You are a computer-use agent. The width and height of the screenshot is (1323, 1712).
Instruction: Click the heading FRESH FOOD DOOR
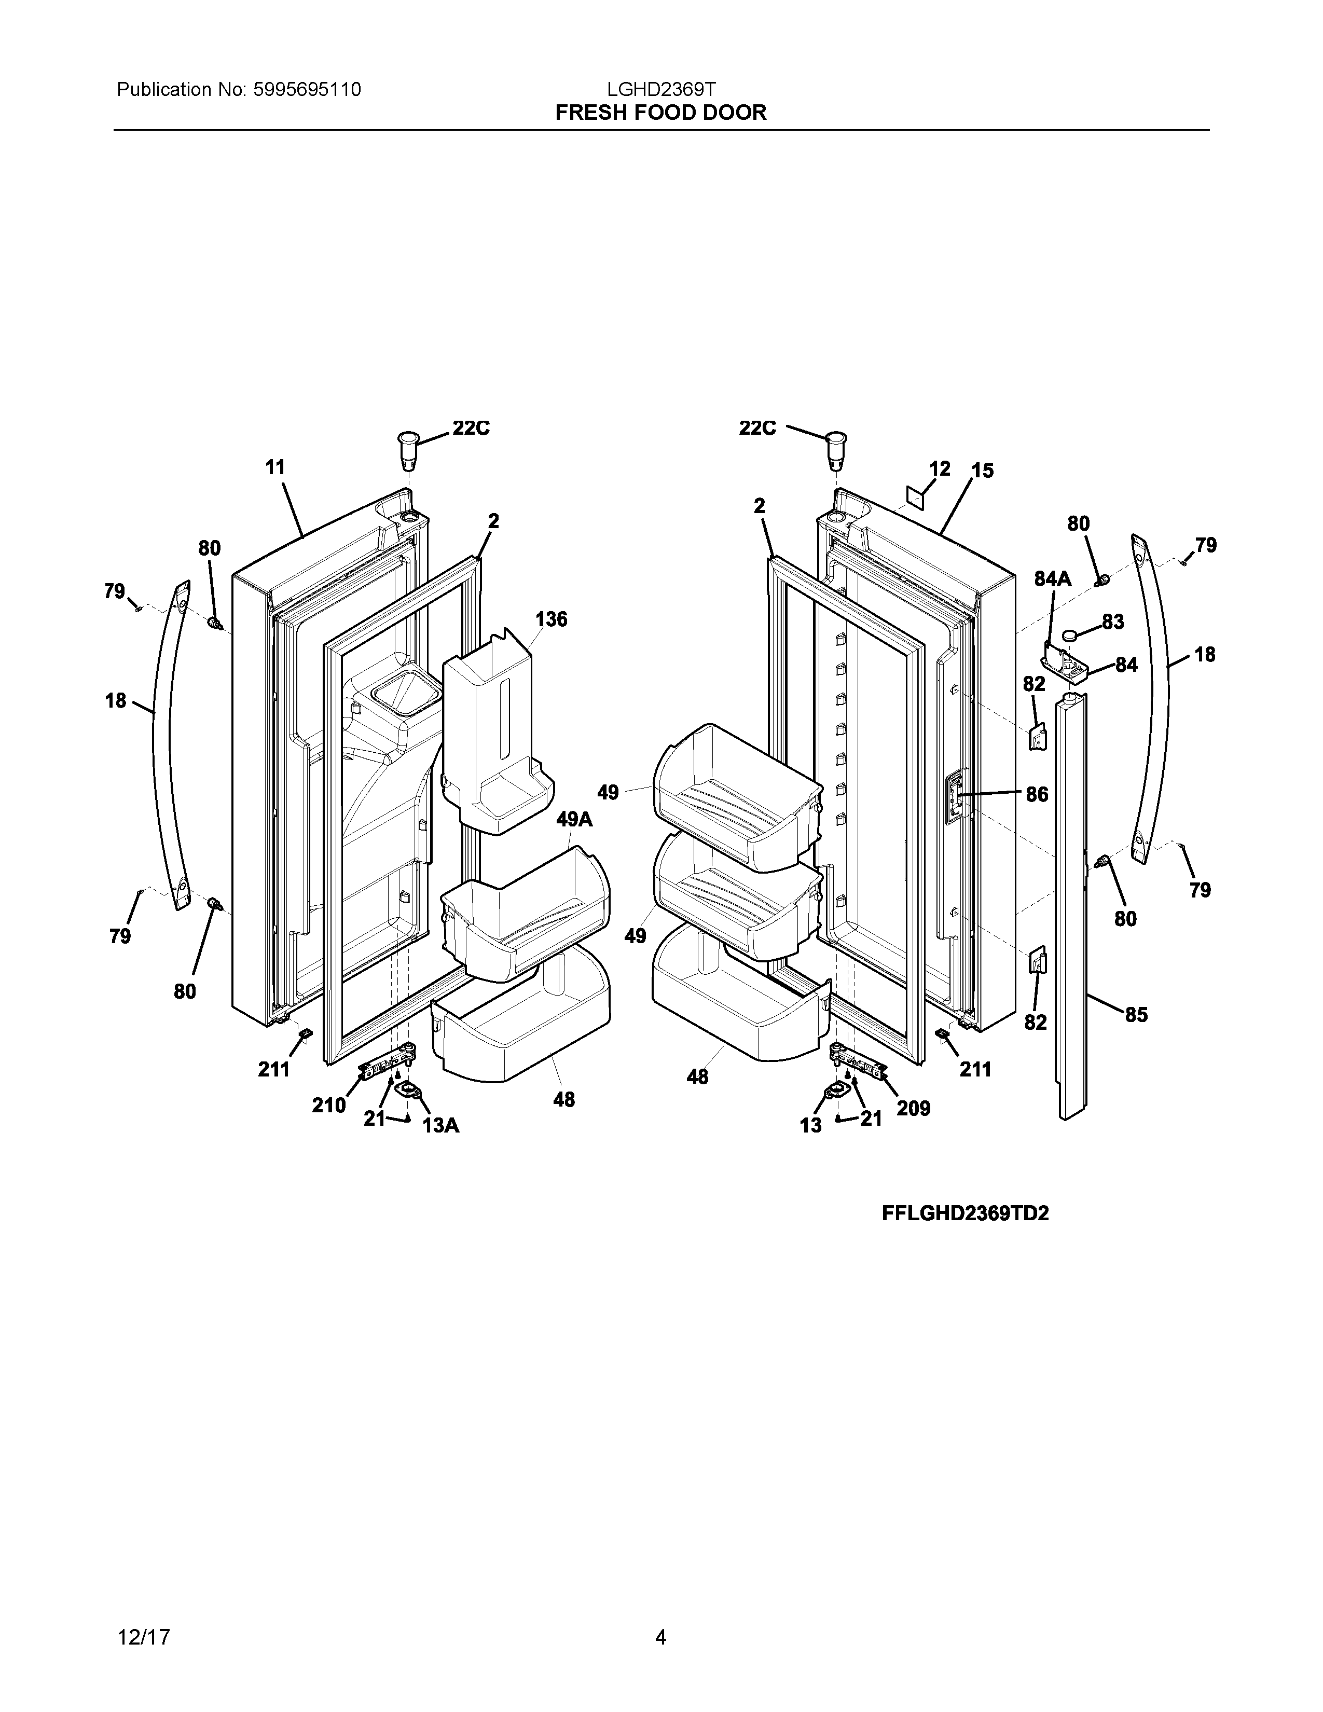660,113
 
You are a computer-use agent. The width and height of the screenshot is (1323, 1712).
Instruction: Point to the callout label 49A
574,820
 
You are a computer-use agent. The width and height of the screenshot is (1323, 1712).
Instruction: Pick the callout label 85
1136,1015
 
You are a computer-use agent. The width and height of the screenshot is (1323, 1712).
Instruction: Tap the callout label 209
913,1109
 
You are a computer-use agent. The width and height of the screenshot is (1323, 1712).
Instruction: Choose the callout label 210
329,1105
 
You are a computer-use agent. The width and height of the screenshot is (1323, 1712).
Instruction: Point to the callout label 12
939,469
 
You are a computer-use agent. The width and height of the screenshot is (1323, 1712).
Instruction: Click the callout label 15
982,471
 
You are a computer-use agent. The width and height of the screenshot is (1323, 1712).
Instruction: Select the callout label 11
275,468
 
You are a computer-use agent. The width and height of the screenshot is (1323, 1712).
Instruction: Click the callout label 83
1112,622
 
